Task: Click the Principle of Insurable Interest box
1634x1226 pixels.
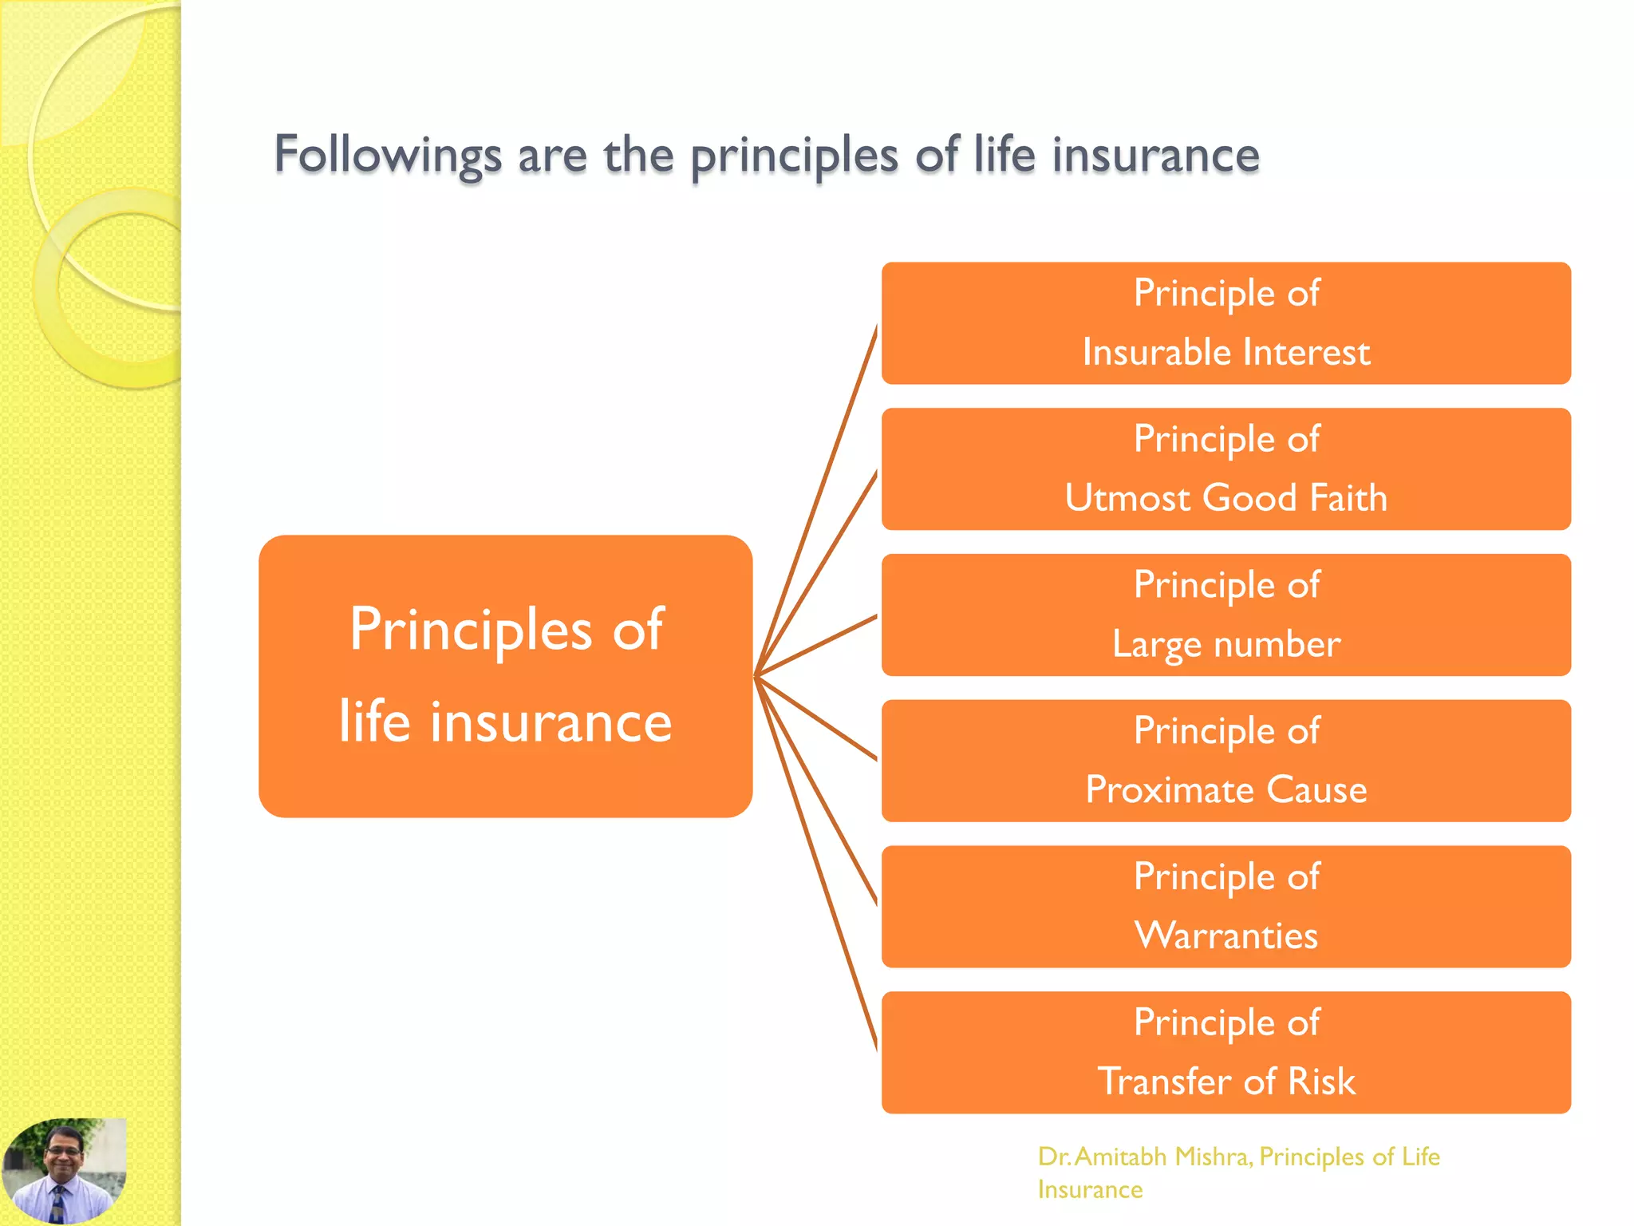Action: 1225,323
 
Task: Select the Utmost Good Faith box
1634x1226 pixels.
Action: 1225,469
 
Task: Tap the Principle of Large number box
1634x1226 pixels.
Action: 1225,615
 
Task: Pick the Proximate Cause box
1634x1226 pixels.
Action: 1225,761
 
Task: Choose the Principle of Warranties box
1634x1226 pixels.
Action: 1225,907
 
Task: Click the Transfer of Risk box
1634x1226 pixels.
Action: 1225,1052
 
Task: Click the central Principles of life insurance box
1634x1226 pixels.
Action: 505,676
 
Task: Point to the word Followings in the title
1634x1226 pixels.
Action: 388,155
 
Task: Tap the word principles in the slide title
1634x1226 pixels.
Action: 794,156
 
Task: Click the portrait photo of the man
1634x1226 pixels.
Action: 64,1172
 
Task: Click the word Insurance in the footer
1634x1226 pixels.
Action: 1090,1189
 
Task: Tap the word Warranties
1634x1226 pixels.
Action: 1225,935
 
